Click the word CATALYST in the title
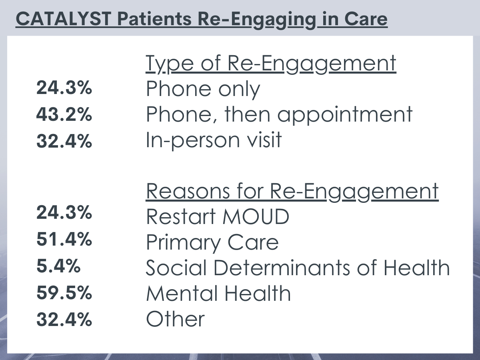pos(64,19)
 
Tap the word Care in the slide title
pos(366,19)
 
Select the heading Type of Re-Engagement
pos(271,64)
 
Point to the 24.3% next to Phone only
pos(64,88)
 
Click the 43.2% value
pos(64,114)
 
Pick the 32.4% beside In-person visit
pos(64,141)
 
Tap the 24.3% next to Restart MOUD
pos(64,212)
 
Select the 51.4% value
pos(64,239)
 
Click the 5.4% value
pos(58,266)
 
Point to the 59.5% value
pos(64,293)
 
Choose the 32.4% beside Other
pos(64,319)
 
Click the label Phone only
pos(203,89)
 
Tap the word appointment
pos(345,115)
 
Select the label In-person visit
pos(214,140)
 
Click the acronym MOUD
pos(256,217)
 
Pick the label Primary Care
pos(212,243)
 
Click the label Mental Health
pos(218,293)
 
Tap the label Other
pos(175,319)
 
